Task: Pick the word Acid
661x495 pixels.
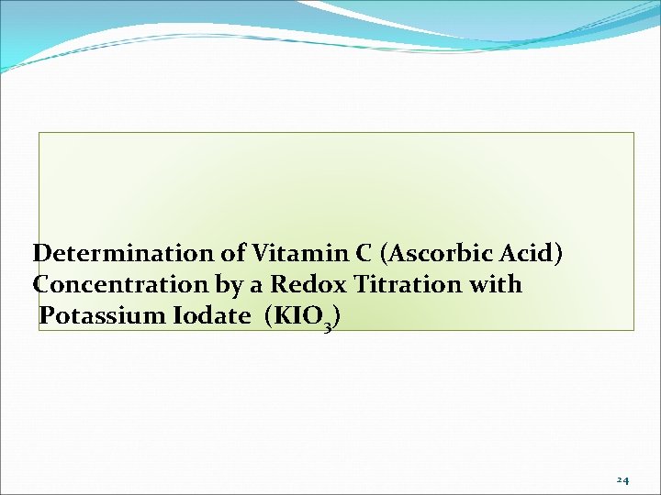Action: coord(526,252)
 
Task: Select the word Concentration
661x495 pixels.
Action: coord(116,285)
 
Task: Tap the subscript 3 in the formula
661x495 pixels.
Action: coord(329,325)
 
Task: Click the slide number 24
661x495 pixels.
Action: coord(622,479)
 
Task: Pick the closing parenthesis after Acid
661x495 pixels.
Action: coord(557,253)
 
